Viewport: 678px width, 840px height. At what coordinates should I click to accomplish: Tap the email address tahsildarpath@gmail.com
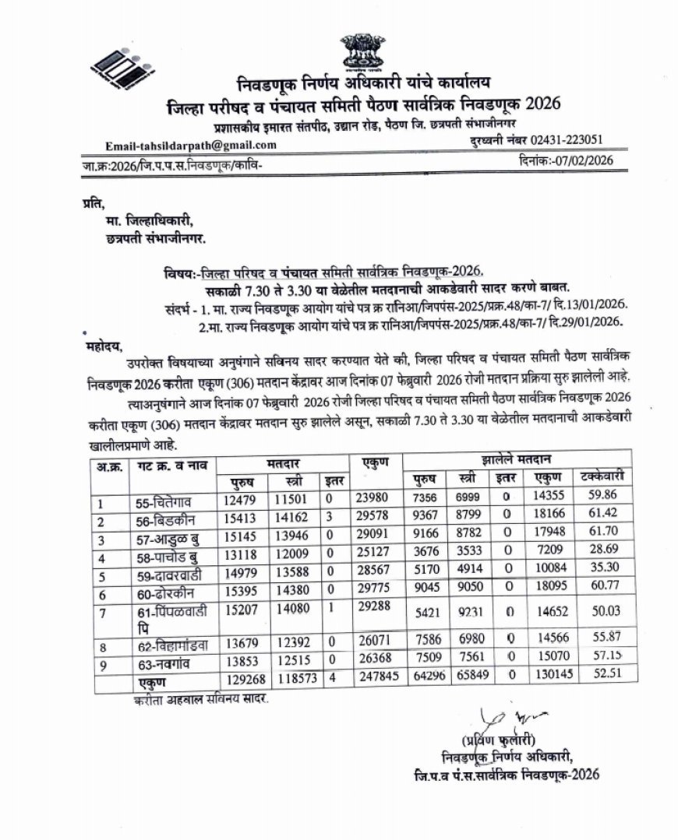point(191,146)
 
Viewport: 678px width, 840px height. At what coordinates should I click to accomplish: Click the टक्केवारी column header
point(600,476)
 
